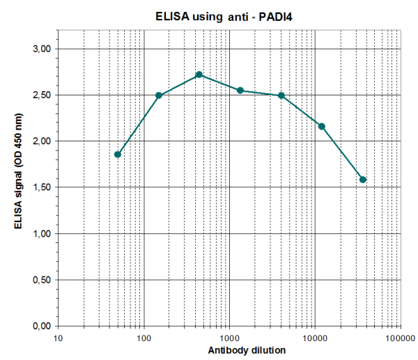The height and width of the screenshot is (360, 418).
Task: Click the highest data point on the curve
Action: click(x=199, y=75)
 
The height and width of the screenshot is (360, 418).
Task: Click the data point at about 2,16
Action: click(x=322, y=126)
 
